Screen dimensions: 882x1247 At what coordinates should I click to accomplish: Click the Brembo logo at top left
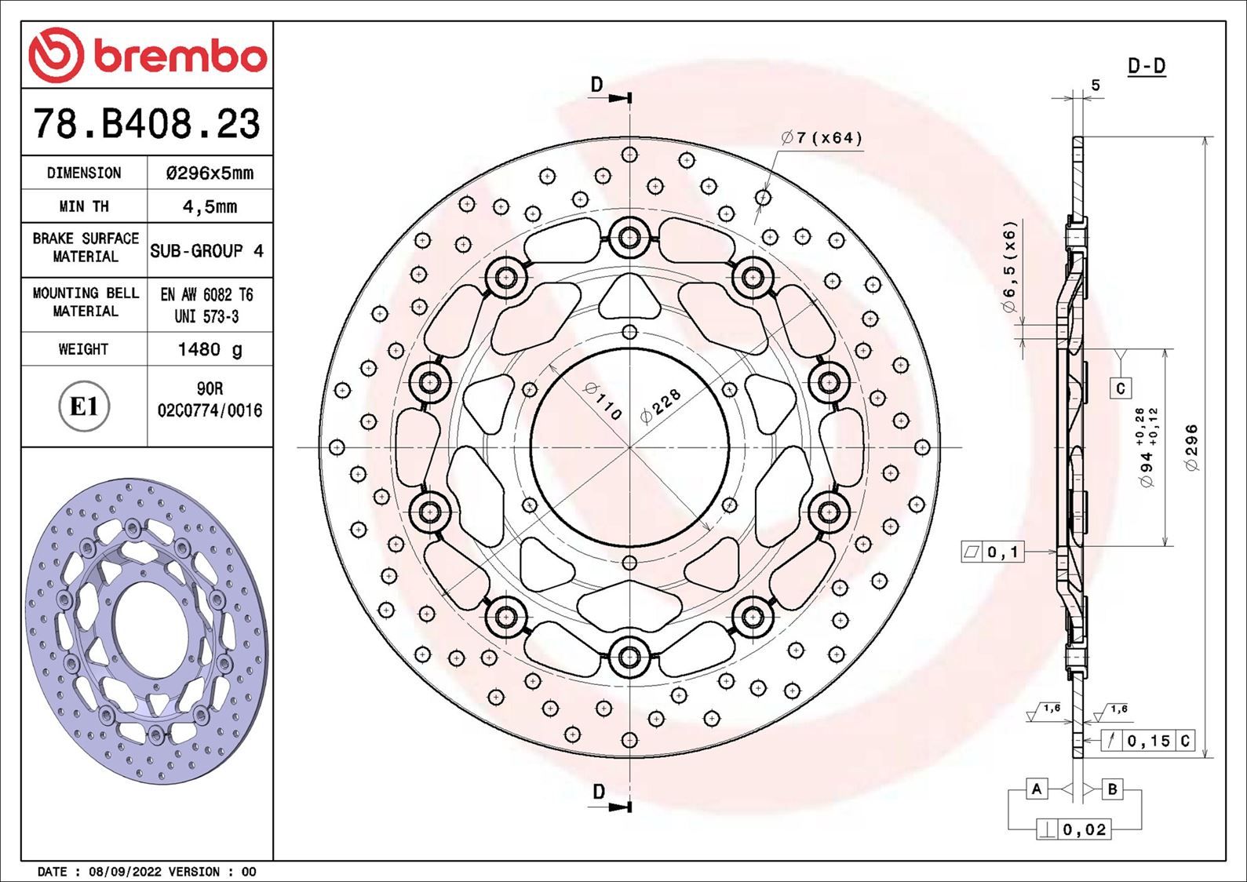pos(148,55)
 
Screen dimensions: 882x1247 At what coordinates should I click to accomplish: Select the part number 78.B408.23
pos(147,124)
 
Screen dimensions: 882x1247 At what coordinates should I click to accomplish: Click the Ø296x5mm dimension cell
pos(210,173)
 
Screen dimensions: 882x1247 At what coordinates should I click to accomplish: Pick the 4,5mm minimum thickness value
pos(210,206)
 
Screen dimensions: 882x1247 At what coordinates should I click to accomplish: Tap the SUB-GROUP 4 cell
pos(207,251)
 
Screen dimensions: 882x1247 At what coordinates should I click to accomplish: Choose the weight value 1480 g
pos(210,349)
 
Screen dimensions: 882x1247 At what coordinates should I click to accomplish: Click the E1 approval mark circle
pos(84,406)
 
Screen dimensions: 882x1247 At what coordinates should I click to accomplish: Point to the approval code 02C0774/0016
pos(210,410)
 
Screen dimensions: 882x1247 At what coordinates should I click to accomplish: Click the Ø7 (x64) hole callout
pos(822,138)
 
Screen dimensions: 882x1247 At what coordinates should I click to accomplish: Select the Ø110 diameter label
pos(603,401)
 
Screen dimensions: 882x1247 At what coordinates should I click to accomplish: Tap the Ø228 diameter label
pos(661,406)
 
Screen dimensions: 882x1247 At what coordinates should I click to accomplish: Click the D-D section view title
pos(1147,67)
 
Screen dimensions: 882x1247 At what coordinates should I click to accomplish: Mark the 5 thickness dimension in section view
pos(1096,86)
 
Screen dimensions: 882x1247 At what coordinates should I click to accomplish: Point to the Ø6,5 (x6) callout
pos(1009,267)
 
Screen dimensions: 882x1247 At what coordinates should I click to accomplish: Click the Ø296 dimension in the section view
pos(1191,447)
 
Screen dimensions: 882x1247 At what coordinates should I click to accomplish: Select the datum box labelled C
pos(1121,388)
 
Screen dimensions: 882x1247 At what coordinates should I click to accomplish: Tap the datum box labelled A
pos(1037,789)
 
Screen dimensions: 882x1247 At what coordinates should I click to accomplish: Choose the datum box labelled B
pos(1112,789)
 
